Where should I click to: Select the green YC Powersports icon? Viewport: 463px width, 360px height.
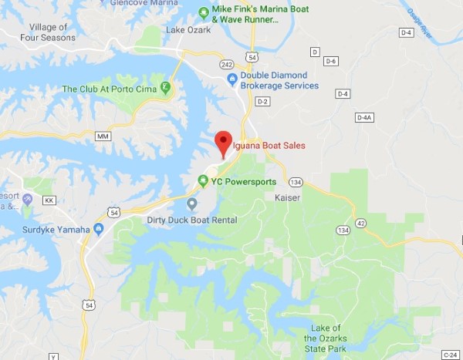(203, 181)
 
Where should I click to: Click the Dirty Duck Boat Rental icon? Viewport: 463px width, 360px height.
(192, 204)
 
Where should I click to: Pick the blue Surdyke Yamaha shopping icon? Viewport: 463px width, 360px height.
(98, 228)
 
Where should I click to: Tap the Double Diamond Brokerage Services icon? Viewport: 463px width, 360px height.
(231, 80)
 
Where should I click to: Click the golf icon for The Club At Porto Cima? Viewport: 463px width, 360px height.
(164, 88)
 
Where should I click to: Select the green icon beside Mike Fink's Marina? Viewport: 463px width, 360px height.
(203, 11)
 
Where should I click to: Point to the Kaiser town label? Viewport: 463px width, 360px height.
(288, 198)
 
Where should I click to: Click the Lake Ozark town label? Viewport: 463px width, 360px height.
(188, 30)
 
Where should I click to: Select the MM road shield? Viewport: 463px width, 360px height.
(103, 136)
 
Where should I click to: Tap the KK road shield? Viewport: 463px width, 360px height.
(51, 200)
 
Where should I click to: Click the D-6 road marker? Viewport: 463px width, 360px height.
(332, 61)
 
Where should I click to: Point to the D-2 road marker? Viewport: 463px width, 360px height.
(263, 102)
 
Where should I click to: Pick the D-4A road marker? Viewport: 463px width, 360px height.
(365, 117)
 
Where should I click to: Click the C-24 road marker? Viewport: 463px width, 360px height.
(451, 355)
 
